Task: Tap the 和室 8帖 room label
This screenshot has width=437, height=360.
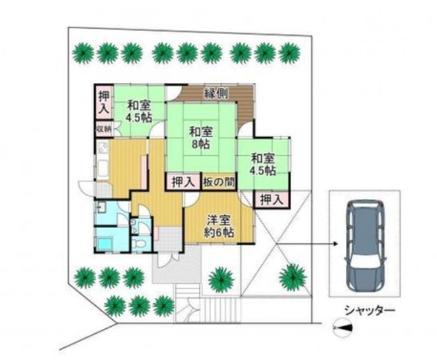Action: point(201,138)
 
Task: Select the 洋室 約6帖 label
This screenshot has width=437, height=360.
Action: point(218,226)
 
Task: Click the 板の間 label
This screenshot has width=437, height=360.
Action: point(218,183)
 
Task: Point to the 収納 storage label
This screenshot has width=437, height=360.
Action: point(104,129)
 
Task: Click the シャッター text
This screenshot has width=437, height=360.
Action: point(370,310)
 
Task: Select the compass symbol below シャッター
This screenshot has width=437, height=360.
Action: point(343,328)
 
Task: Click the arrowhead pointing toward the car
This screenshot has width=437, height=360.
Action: point(335,244)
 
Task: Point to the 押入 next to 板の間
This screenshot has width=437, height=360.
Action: point(183,182)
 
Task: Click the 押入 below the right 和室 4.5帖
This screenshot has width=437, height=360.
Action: point(272,199)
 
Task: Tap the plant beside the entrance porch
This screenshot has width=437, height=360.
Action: point(221,280)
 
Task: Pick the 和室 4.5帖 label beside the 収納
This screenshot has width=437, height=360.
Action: point(140,112)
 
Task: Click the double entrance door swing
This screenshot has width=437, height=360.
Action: point(168,260)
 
